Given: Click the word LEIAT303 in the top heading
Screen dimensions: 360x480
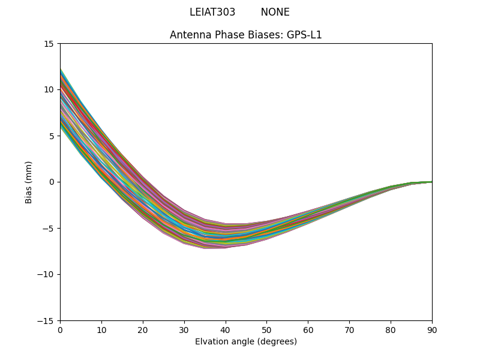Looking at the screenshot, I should pos(212,12).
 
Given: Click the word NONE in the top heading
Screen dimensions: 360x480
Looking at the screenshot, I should pos(275,12).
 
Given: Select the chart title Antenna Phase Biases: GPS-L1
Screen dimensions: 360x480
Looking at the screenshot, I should pos(246,35).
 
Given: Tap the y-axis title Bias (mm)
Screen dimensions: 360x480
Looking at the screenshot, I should pos(29,182).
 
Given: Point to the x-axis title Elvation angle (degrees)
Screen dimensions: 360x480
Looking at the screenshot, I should pos(246,342).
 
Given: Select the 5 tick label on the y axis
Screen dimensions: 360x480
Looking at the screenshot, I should pos(52,136).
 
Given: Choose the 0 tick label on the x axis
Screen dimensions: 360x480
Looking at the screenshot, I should pos(60,329).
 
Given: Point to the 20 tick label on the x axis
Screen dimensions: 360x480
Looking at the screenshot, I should pos(143,329).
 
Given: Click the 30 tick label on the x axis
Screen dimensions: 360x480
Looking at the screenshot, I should pos(184,329).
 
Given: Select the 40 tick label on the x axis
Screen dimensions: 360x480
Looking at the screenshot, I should pos(226,329).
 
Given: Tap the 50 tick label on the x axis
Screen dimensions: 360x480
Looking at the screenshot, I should pos(266,329).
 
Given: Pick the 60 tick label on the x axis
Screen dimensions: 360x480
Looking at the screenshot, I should pos(308,329).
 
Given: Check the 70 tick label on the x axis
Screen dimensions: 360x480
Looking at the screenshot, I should pos(349,329).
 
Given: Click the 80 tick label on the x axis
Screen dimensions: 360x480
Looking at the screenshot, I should pos(391,329).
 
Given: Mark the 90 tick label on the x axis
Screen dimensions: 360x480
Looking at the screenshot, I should pos(432,329).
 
